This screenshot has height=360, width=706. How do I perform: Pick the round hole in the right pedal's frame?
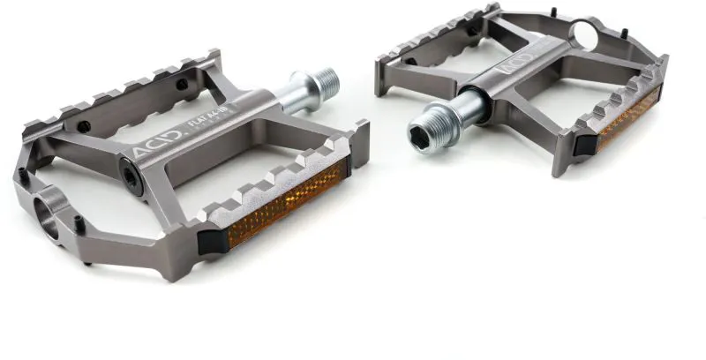[585, 35]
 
